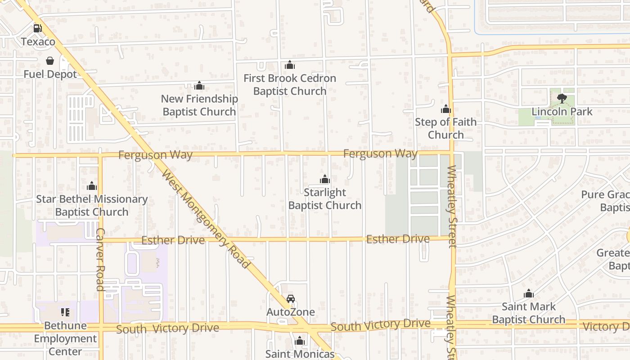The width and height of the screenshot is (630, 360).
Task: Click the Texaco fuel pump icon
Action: coord(38,28)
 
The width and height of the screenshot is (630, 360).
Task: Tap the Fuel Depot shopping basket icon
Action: coord(50,61)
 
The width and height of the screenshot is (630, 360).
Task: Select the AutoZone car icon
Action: coord(291,299)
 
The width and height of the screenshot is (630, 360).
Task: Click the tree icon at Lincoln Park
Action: coord(562,98)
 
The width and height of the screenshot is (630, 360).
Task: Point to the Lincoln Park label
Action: coord(562,112)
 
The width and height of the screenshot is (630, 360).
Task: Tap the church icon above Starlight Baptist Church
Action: coord(325,180)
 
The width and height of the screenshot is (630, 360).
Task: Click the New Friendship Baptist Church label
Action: coord(199,105)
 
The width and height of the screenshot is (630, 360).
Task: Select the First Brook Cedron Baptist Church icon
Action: coord(290,65)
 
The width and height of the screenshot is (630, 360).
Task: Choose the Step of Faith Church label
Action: coord(445,128)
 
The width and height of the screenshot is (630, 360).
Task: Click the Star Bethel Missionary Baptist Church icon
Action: coord(92,186)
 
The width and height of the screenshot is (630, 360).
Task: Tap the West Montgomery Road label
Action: coord(206,219)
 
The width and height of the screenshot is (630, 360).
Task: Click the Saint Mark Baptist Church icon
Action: coord(529,294)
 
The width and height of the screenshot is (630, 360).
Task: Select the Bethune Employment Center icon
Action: coord(65,312)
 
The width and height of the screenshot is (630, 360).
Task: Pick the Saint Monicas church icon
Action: coord(300,341)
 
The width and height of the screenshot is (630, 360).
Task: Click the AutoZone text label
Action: coord(291,312)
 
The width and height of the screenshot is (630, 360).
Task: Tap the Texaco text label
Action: coord(38,42)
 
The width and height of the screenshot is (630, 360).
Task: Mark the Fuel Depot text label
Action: coord(50,74)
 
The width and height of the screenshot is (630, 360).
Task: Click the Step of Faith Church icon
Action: coord(445,109)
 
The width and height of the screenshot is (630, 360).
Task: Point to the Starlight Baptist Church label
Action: coord(325,199)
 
